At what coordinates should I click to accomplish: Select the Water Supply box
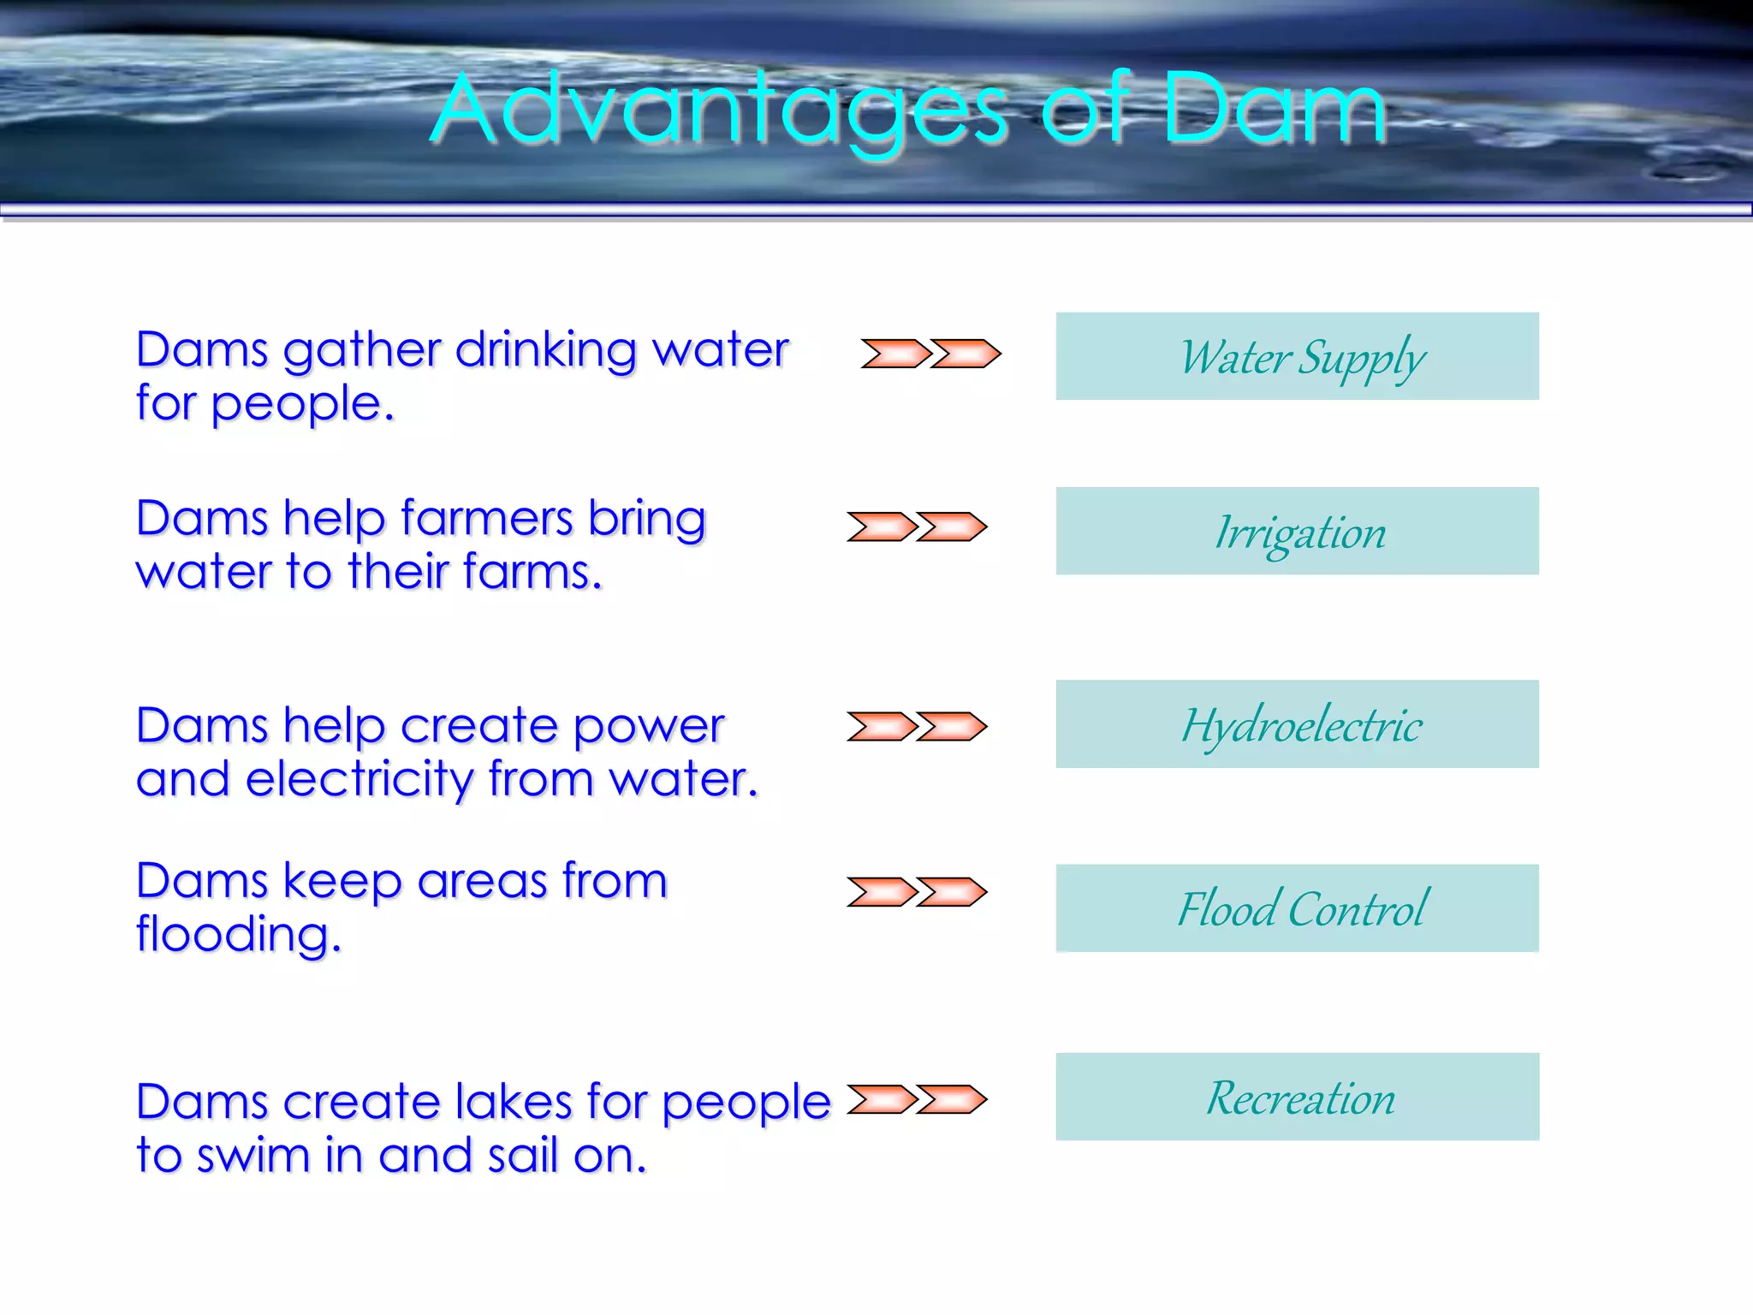(1297, 356)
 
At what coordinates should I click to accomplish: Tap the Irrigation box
(1297, 531)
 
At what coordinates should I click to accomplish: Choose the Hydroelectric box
(1297, 724)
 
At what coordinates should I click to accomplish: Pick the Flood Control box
(1297, 908)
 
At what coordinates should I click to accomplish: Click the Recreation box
(1297, 1097)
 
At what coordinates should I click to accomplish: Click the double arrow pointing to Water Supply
(930, 354)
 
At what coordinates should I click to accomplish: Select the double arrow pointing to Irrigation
(917, 527)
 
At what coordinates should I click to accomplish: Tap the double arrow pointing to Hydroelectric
(917, 726)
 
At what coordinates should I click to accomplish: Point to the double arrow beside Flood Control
(917, 892)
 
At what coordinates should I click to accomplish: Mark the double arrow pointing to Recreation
(917, 1099)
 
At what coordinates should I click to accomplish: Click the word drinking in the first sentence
(545, 351)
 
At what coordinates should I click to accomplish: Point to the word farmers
(486, 519)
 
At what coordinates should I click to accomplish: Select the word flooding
(238, 935)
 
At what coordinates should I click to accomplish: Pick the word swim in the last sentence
(253, 1156)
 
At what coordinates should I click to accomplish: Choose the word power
(648, 728)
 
